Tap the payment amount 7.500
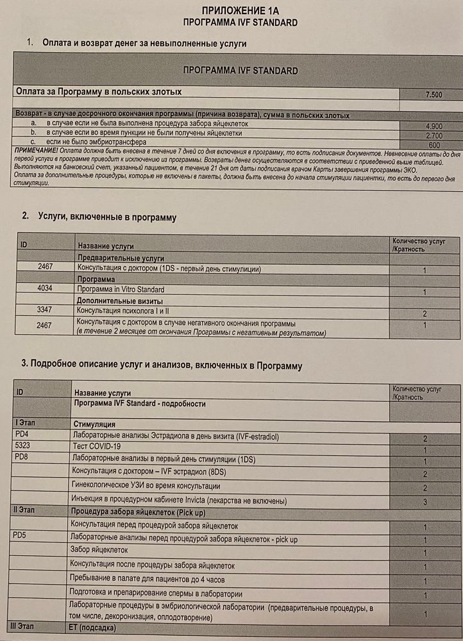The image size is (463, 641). pos(434,95)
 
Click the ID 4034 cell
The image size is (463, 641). pos(45,288)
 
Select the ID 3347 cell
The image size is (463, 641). pos(45,310)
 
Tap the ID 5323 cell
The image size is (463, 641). pos(23,445)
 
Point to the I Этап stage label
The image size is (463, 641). pos(28,424)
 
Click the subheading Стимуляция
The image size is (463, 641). pos(94,424)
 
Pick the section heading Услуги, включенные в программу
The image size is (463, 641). pos(107,217)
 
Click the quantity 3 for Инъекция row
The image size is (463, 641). pos(425,501)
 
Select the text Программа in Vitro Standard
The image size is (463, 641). pos(121,290)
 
